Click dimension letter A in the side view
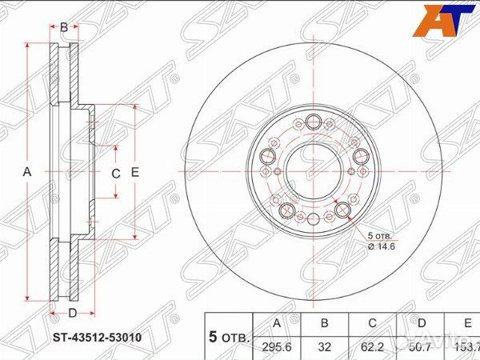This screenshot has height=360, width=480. pyautogui.click(x=26, y=172)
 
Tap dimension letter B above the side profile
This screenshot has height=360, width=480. pyautogui.click(x=64, y=27)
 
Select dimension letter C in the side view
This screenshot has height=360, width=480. pyautogui.click(x=115, y=174)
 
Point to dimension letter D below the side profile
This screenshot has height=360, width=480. pyautogui.click(x=71, y=313)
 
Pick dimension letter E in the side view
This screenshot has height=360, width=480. pyautogui.click(x=135, y=173)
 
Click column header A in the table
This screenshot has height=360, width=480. pyautogui.click(x=277, y=323)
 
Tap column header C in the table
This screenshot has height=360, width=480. pyautogui.click(x=372, y=323)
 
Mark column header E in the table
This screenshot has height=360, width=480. pyautogui.click(x=466, y=323)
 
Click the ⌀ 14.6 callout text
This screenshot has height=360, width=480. pyautogui.click(x=382, y=246)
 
